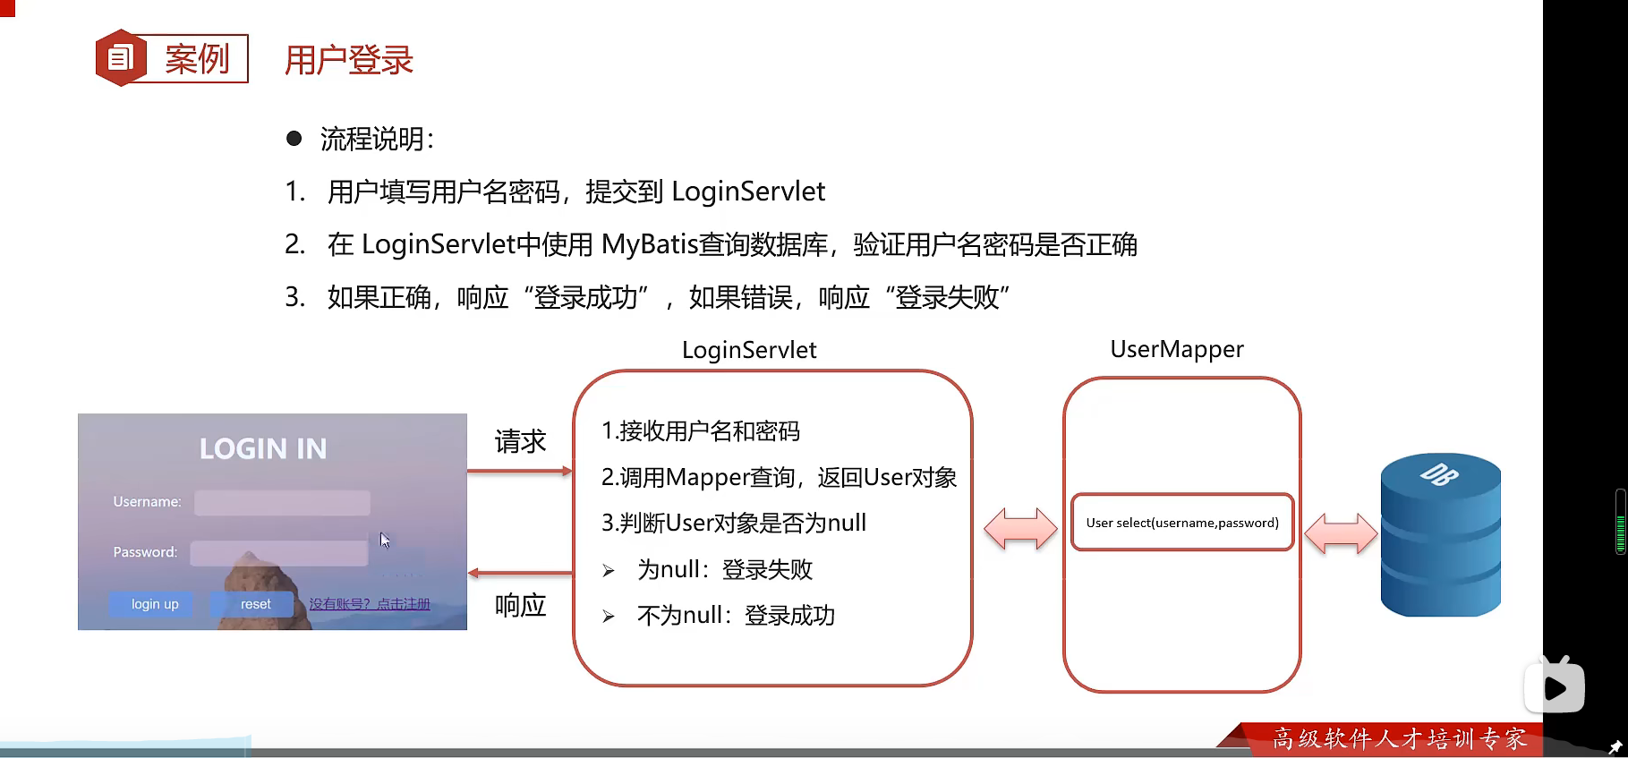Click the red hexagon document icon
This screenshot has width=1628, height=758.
point(120,58)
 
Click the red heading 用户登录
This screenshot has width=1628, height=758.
point(349,60)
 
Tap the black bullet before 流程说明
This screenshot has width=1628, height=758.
point(294,138)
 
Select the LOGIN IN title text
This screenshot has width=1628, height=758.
point(263,448)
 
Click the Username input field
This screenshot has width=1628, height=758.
point(282,502)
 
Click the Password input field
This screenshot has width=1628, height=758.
point(279,553)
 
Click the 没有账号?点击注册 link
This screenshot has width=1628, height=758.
point(370,604)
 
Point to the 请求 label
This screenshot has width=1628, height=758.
point(520,441)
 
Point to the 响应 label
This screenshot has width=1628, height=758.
point(520,606)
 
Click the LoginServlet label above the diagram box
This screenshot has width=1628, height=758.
point(749,350)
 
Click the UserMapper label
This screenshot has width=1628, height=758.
point(1177,349)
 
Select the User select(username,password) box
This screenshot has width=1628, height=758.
point(1182,523)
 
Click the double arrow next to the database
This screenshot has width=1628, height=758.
point(1341,533)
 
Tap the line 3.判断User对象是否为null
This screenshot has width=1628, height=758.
point(734,523)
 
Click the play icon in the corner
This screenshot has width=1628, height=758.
point(1556,687)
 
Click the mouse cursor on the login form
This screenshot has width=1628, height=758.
point(384,540)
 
